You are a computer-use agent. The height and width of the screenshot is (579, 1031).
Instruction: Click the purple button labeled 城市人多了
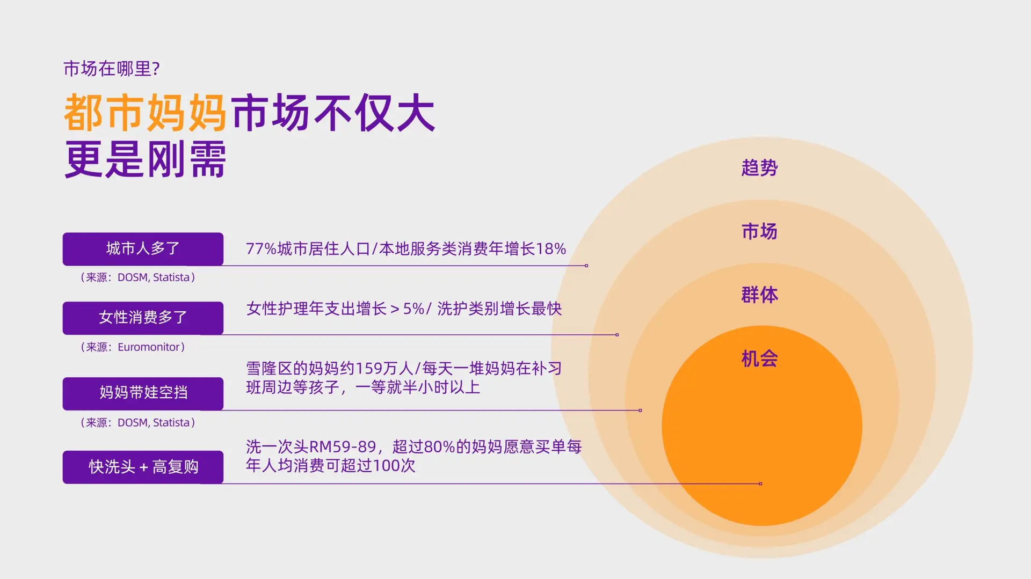(x=143, y=249)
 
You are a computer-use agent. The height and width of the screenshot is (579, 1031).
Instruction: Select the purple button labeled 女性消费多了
(x=143, y=318)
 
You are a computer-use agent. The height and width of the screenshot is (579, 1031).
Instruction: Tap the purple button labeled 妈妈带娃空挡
(x=143, y=393)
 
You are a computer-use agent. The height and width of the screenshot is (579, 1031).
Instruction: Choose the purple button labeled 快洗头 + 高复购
(x=143, y=467)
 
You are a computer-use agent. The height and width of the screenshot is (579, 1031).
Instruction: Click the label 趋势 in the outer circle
(x=759, y=168)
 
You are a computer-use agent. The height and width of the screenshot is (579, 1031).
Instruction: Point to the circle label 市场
(x=759, y=231)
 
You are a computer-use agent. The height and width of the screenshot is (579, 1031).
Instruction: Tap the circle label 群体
(x=759, y=295)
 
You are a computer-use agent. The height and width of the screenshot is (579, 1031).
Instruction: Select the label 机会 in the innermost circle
(x=759, y=358)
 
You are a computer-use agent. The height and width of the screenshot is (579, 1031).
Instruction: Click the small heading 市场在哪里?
(x=112, y=69)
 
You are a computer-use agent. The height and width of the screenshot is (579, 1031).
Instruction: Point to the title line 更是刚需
(x=146, y=159)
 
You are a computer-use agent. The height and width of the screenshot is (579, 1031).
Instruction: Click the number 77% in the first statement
(x=261, y=249)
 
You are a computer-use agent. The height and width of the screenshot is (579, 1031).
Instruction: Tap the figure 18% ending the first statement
(x=551, y=249)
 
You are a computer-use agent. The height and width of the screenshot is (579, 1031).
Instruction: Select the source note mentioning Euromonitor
(x=133, y=347)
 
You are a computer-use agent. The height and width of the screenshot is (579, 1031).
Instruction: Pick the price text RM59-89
(x=343, y=447)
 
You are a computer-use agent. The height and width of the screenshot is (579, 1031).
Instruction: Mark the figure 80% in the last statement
(x=439, y=447)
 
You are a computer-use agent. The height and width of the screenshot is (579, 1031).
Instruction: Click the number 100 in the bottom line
(x=386, y=466)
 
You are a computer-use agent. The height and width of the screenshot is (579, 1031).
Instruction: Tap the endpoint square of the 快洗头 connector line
(x=760, y=484)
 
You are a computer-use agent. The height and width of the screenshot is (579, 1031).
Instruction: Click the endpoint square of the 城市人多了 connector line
(x=586, y=266)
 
